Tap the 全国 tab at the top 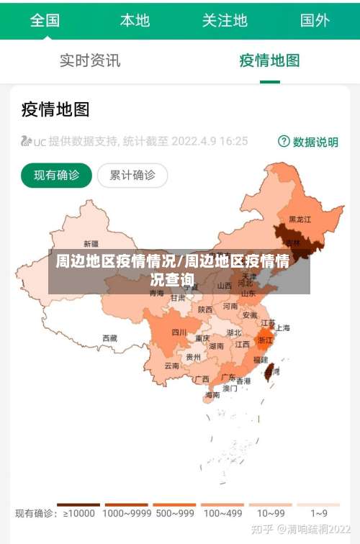click(x=45, y=20)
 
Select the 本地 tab click(x=135, y=20)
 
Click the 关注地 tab click(x=225, y=20)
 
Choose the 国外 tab click(x=315, y=20)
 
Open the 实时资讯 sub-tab click(x=90, y=60)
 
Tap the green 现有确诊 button click(x=57, y=175)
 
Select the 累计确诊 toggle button click(x=132, y=175)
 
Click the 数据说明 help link click(x=308, y=142)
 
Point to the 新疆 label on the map click(x=91, y=243)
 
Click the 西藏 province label click(x=109, y=337)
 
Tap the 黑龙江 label click(x=300, y=219)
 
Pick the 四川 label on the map click(x=179, y=332)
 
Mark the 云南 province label click(x=171, y=366)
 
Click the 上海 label click(x=282, y=328)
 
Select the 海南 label click(x=212, y=394)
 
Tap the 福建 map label click(x=260, y=359)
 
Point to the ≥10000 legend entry click(x=78, y=513)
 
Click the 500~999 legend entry click(x=174, y=513)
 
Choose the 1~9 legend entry click(x=319, y=513)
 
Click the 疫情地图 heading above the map click(x=55, y=109)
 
